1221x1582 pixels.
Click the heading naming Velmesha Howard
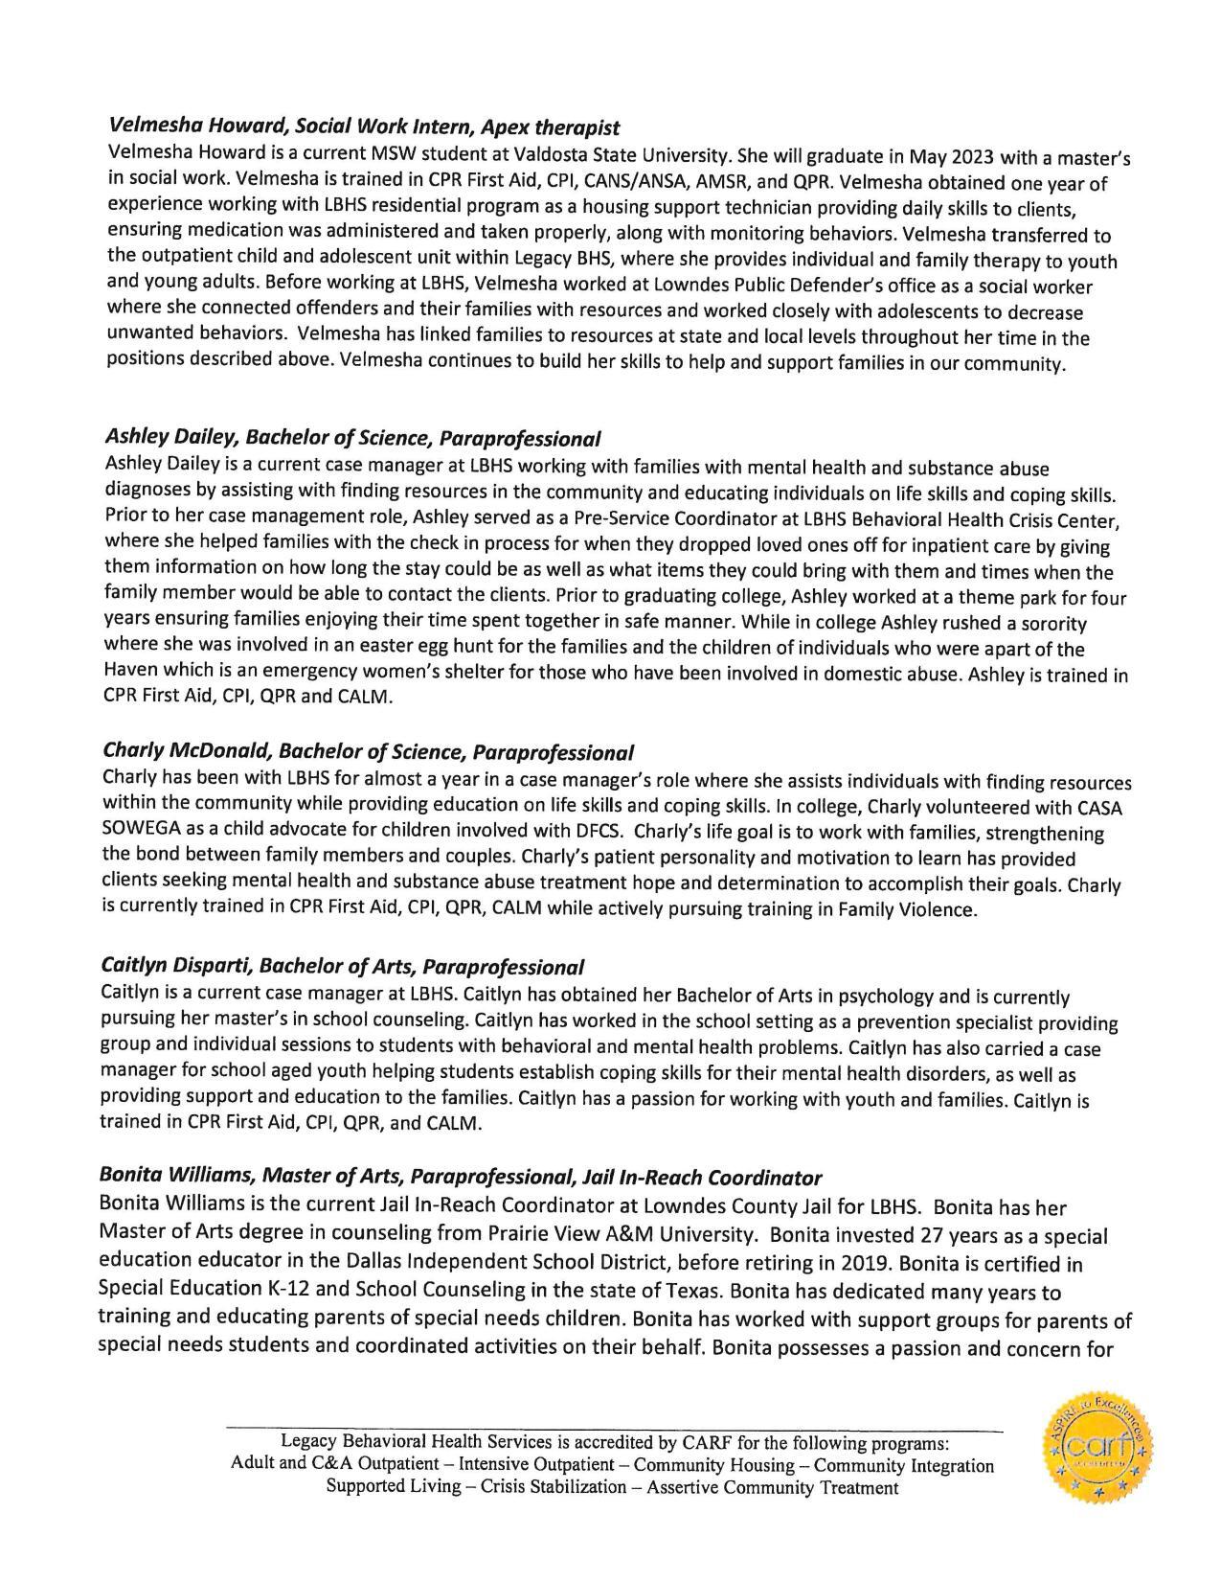pos(364,126)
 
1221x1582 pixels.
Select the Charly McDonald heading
pos(368,751)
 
